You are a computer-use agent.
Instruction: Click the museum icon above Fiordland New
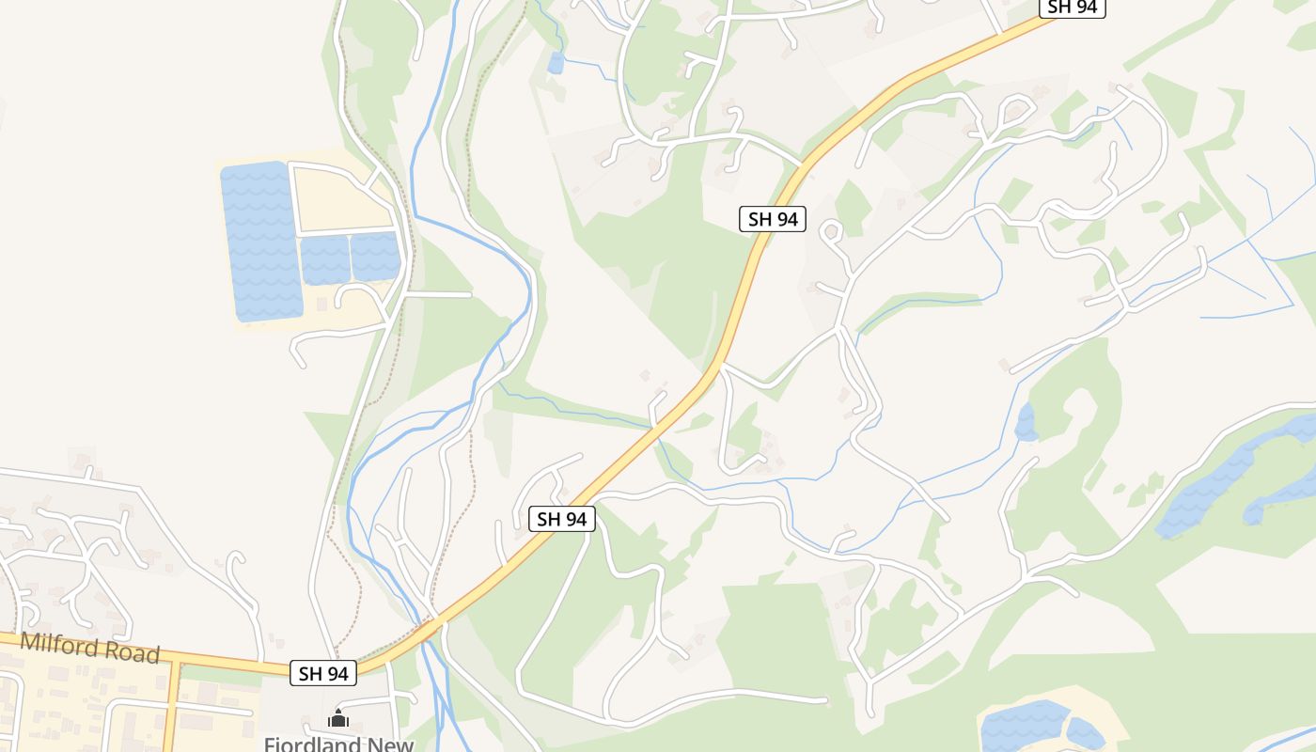338,720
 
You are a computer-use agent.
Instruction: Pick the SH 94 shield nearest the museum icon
323,673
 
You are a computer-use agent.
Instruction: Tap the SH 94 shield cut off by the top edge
1072,8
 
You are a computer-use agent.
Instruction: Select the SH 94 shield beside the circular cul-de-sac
773,219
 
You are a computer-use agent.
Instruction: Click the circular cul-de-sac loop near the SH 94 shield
831,230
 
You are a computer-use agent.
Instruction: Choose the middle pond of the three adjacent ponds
325,259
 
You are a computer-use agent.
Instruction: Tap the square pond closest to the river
376,257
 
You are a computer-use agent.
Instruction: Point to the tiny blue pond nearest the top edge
556,63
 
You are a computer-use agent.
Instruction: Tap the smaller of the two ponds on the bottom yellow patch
1086,734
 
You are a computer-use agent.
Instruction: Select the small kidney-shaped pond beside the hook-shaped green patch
1026,423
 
